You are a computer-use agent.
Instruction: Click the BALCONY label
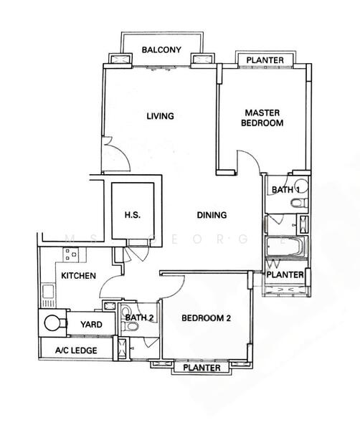(x=161, y=50)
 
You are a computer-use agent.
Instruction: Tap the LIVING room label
(x=160, y=116)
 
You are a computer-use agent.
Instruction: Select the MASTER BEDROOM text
(x=262, y=118)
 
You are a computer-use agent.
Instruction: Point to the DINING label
(x=212, y=215)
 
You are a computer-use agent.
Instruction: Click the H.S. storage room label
(x=133, y=215)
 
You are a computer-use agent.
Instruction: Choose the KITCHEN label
(x=78, y=276)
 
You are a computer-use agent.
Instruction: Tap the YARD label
(x=91, y=325)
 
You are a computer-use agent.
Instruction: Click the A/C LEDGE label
(x=76, y=350)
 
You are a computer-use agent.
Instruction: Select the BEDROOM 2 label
(x=206, y=318)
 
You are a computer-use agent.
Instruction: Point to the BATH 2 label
(x=139, y=317)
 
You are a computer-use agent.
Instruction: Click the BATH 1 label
(x=285, y=189)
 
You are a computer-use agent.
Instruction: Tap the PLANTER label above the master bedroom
(x=265, y=60)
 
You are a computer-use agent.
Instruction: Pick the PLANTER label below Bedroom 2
(x=202, y=368)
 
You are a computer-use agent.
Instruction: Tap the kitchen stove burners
(x=71, y=254)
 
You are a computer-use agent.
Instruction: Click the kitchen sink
(x=48, y=292)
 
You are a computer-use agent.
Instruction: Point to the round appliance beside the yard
(x=52, y=323)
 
